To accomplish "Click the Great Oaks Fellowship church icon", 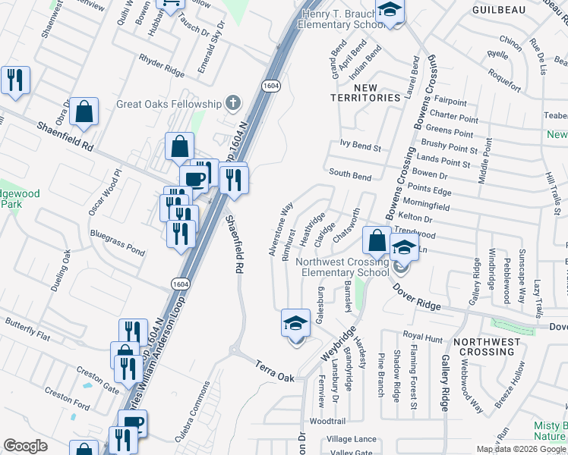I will (x=233, y=103).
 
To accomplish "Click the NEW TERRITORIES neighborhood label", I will (x=366, y=93).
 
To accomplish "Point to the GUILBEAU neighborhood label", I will (x=499, y=9).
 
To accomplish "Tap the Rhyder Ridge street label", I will (x=162, y=66).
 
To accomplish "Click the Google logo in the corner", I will (x=25, y=446).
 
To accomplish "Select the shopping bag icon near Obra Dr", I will (x=86, y=111).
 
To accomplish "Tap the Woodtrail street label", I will (x=328, y=421).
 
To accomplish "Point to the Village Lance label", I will (x=352, y=439).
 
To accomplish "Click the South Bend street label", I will (x=350, y=175).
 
